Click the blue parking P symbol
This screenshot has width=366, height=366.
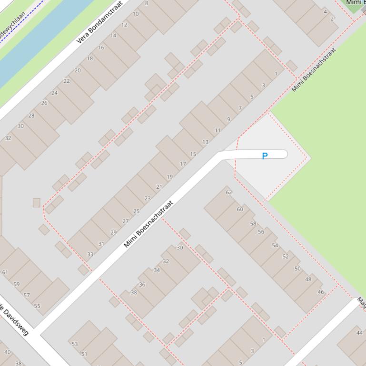pyautogui.click(x=265, y=156)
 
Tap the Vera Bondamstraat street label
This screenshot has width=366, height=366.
pyautogui.click(x=99, y=22)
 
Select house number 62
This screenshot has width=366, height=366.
pyautogui.click(x=229, y=193)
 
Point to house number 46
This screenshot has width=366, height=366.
pyautogui.click(x=321, y=292)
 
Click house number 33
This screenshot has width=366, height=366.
pyautogui.click(x=90, y=254)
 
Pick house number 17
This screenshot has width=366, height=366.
pyautogui.click(x=183, y=164)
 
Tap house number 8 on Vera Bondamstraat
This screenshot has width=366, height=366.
pyautogui.click(x=147, y=3)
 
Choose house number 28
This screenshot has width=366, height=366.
pyautogui.click(x=31, y=116)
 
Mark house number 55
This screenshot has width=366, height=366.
pyautogui.click(x=37, y=306)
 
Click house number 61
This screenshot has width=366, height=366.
pyautogui.click(x=5, y=272)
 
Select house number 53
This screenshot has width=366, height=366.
pyautogui.click(x=75, y=344)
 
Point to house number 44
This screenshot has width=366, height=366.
pyautogui.click(x=359, y=333)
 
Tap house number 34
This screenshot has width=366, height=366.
pyautogui.click(x=157, y=270)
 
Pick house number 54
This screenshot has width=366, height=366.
pyautogui.click(x=275, y=246)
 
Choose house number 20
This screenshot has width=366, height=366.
pyautogui.click(x=78, y=70)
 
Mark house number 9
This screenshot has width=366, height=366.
pyautogui.click(x=229, y=119)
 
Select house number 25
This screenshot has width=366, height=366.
pyautogui.click(x=137, y=212)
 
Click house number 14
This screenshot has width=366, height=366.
pyautogui.click(x=113, y=36)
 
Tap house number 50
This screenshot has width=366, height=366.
pyautogui.click(x=297, y=269)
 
